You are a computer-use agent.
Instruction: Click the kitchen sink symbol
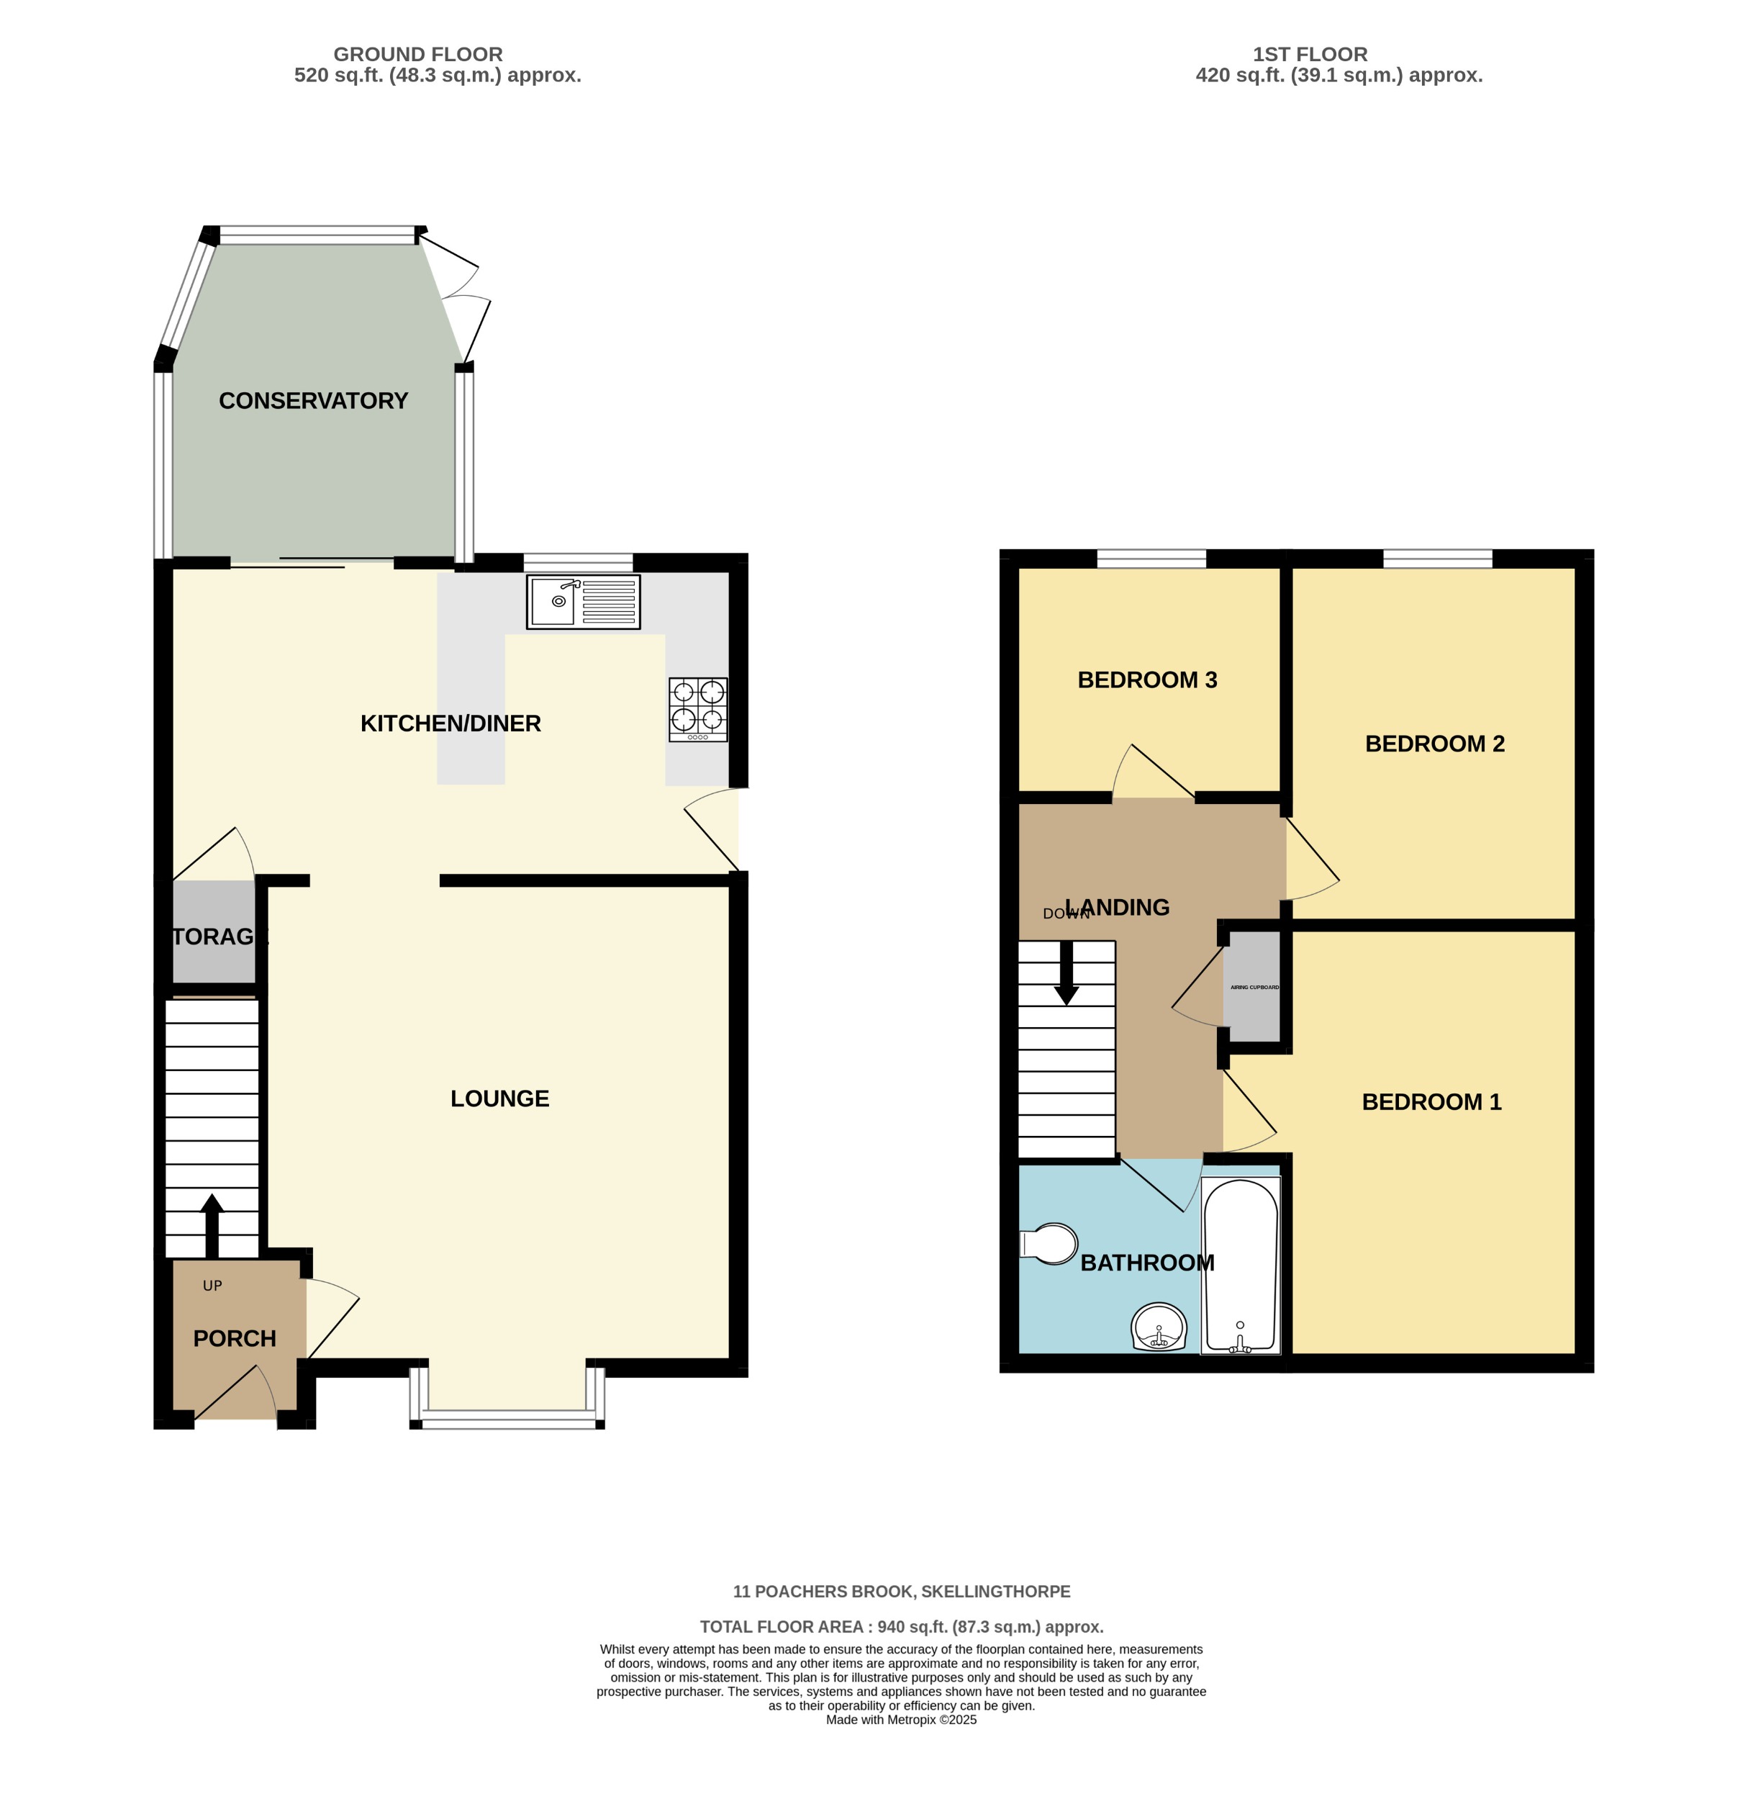click(x=582, y=602)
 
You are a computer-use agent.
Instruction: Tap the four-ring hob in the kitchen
click(x=697, y=709)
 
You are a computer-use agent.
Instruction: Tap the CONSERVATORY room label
click(x=313, y=401)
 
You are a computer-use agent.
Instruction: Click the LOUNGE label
click(x=499, y=1098)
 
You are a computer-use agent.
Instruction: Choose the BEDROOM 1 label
click(x=1430, y=1102)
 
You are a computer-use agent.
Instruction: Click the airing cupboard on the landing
click(x=1252, y=988)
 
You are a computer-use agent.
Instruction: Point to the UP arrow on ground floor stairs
click(x=212, y=1224)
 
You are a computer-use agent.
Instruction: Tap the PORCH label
click(x=234, y=1339)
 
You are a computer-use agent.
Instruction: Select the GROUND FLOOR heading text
click(x=417, y=55)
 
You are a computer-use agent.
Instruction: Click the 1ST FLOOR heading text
click(x=1308, y=55)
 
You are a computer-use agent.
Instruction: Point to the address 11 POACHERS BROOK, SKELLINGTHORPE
click(x=900, y=1592)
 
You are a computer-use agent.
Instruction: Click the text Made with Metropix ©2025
click(x=900, y=1720)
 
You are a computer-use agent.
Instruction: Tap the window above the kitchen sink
click(x=577, y=561)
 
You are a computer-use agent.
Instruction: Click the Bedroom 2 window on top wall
click(x=1436, y=558)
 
